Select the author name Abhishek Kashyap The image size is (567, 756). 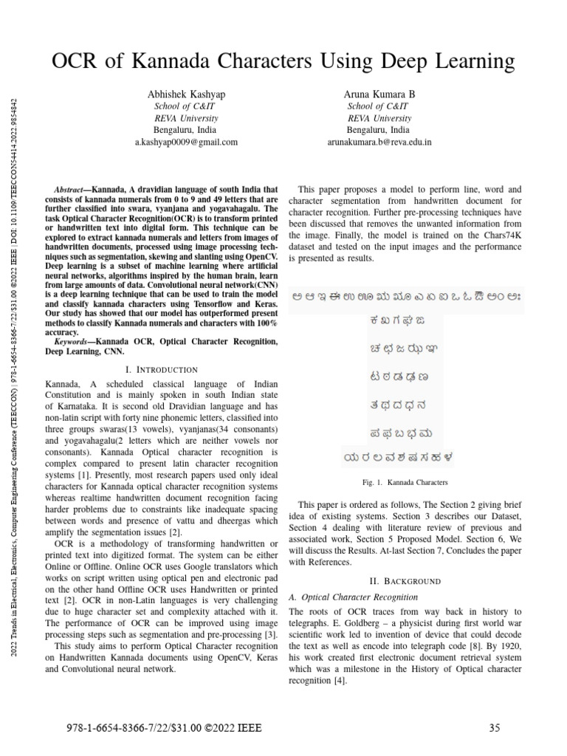[185, 94]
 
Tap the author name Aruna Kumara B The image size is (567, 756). [379, 94]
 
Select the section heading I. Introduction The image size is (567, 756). [162, 369]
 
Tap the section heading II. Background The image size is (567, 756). [405, 581]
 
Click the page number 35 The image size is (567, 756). [495, 728]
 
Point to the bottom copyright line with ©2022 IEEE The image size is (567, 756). [164, 728]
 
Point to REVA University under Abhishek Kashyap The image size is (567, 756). [185, 118]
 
